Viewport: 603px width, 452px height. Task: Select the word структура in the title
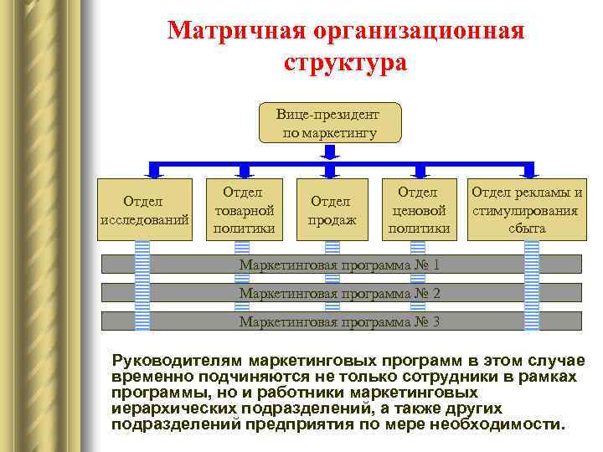click(x=345, y=63)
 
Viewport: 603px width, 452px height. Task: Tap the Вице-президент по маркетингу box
click(x=329, y=123)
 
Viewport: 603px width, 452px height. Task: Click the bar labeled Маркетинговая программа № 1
click(x=340, y=265)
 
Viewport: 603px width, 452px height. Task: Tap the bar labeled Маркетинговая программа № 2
click(x=340, y=294)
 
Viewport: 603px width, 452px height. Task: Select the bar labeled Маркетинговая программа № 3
click(x=340, y=321)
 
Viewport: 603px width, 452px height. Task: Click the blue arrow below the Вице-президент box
click(x=329, y=152)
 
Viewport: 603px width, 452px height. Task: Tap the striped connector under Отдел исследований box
click(x=142, y=285)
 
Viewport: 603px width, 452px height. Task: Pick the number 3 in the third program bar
click(x=435, y=321)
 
